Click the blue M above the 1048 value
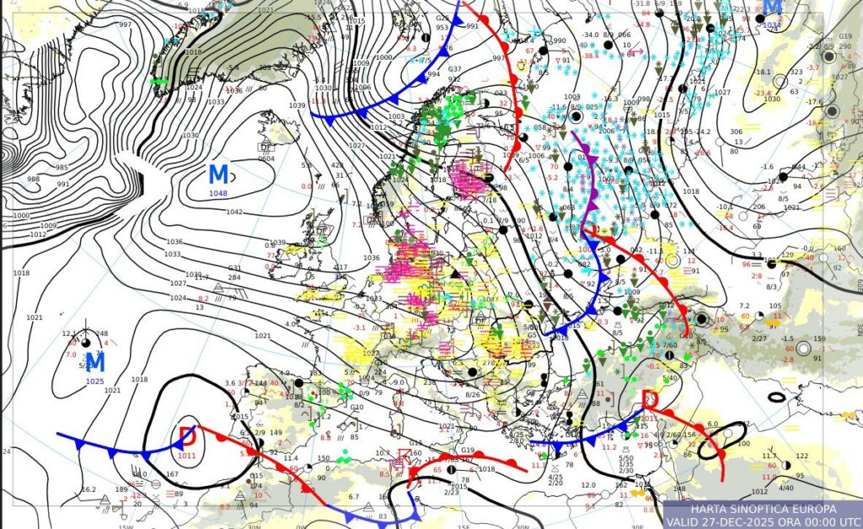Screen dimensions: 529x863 pyautogui.click(x=218, y=174)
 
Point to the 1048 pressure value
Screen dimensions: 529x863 pyautogui.click(x=218, y=193)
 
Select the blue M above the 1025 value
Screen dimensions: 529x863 pyautogui.click(x=95, y=363)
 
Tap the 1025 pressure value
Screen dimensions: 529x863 pyautogui.click(x=95, y=381)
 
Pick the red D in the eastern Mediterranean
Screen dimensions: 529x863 pyautogui.click(x=651, y=398)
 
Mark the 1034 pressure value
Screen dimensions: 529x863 pyautogui.click(x=772, y=25)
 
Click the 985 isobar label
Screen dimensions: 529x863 pyautogui.click(x=62, y=166)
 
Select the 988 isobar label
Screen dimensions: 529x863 pyautogui.click(x=34, y=179)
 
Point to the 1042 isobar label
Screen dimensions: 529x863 pyautogui.click(x=234, y=211)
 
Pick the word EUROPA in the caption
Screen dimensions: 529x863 pyautogui.click(x=813, y=510)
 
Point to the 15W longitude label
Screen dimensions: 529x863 pyautogui.click(x=126, y=526)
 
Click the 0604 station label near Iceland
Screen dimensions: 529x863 pyautogui.click(x=266, y=158)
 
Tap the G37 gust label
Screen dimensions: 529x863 pyautogui.click(x=454, y=69)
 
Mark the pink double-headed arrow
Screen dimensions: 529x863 pyautogui.click(x=636, y=52)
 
